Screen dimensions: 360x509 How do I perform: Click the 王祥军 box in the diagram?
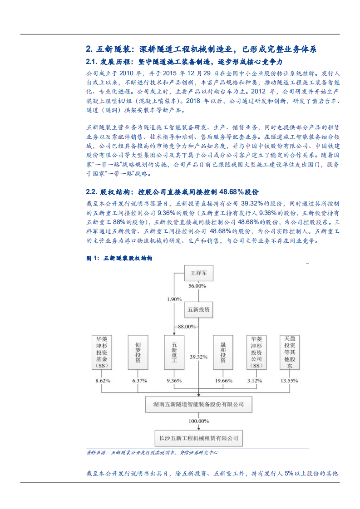tap(199, 274)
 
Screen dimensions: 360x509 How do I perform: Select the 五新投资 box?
tap(199, 310)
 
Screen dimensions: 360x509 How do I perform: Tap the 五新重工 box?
tap(175, 354)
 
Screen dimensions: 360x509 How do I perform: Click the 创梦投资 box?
tap(138, 354)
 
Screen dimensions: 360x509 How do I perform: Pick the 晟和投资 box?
tap(223, 354)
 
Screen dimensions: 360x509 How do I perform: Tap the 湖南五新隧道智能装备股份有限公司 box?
tap(198, 403)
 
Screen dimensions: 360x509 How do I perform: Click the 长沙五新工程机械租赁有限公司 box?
tap(198, 439)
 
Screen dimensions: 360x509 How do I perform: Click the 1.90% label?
tap(174, 299)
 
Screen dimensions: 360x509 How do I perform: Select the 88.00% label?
tap(187, 327)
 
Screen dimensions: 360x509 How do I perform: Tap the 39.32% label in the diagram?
tap(199, 356)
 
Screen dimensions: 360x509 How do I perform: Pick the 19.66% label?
tap(223, 381)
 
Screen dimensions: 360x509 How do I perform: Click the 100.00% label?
tap(199, 421)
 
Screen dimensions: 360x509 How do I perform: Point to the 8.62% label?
tap(103, 381)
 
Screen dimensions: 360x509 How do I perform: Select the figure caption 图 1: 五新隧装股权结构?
tap(119, 258)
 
